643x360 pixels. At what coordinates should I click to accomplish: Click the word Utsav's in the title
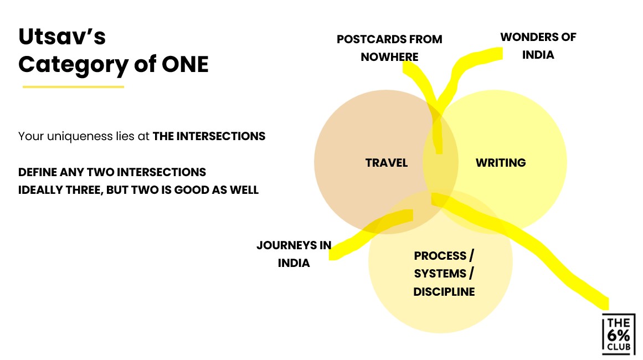(62, 37)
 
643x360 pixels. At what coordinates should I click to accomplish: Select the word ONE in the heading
(184, 65)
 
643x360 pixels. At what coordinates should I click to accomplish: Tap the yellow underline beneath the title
(73, 86)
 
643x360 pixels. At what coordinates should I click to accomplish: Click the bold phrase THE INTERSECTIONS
(209, 136)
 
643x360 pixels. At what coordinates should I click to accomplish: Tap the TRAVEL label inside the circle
(387, 163)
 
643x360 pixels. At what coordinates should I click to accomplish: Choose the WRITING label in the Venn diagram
(501, 163)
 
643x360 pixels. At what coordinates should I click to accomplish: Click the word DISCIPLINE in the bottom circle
(444, 291)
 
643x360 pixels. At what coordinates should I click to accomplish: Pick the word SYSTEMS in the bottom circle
(440, 274)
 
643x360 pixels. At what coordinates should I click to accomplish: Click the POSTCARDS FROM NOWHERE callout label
(389, 48)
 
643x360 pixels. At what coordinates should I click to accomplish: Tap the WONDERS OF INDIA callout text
(538, 46)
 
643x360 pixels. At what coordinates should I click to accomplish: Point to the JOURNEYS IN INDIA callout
(294, 254)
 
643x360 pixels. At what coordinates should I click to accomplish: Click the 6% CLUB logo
(619, 334)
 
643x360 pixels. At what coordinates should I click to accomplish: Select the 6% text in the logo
(619, 334)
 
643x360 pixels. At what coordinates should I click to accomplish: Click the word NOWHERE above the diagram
(389, 56)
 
